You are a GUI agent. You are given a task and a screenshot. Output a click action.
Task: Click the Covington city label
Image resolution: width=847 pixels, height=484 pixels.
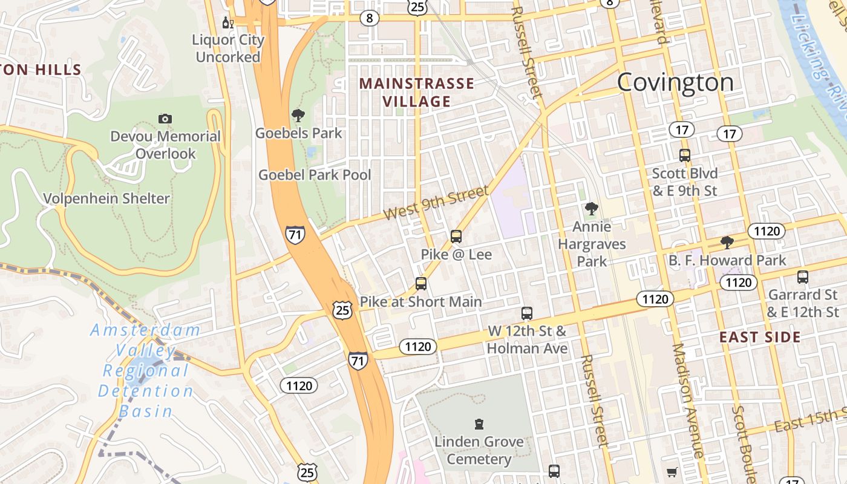point(675,82)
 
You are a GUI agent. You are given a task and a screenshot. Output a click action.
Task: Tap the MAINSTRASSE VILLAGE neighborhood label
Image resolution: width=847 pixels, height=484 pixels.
point(417,92)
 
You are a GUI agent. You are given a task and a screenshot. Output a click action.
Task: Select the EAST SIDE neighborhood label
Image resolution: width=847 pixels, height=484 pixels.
point(760,337)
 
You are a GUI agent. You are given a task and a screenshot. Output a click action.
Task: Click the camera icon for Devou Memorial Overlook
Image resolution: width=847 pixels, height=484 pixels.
point(165,119)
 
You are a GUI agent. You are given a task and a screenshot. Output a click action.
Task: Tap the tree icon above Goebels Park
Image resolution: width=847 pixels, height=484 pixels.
point(298,115)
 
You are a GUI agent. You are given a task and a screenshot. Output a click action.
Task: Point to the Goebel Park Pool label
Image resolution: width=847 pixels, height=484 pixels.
point(315,175)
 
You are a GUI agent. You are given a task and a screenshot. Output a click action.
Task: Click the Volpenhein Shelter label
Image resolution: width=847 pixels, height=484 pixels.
point(106,198)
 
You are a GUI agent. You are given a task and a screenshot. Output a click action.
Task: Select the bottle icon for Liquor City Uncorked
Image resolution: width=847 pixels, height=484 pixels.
point(227,23)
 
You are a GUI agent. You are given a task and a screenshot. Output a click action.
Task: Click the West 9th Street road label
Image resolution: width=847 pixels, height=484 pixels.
point(436,203)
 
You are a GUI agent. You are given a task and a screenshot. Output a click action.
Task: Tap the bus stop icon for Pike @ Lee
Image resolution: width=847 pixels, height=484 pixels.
point(456,237)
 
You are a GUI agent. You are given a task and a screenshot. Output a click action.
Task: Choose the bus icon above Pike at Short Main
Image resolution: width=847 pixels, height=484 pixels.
point(420,283)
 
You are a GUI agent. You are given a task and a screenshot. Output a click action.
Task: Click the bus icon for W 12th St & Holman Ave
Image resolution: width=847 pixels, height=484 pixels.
point(527,313)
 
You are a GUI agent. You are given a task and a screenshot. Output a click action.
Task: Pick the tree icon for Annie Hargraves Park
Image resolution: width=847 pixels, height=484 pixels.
point(591,209)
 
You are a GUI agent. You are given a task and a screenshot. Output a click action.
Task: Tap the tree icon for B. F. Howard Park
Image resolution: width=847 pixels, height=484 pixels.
point(727,243)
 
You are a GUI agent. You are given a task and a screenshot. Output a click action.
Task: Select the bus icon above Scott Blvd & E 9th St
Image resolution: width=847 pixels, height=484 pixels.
point(685,155)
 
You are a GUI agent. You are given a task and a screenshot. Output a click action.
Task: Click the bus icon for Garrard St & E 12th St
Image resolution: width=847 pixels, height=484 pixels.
point(803,277)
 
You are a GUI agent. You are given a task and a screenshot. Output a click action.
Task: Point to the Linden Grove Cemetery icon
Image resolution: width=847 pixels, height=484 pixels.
point(479,423)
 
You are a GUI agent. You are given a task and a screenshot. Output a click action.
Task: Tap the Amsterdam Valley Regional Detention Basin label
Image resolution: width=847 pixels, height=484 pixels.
point(145,371)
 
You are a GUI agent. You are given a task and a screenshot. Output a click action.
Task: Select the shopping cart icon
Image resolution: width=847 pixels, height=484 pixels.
point(672,472)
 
